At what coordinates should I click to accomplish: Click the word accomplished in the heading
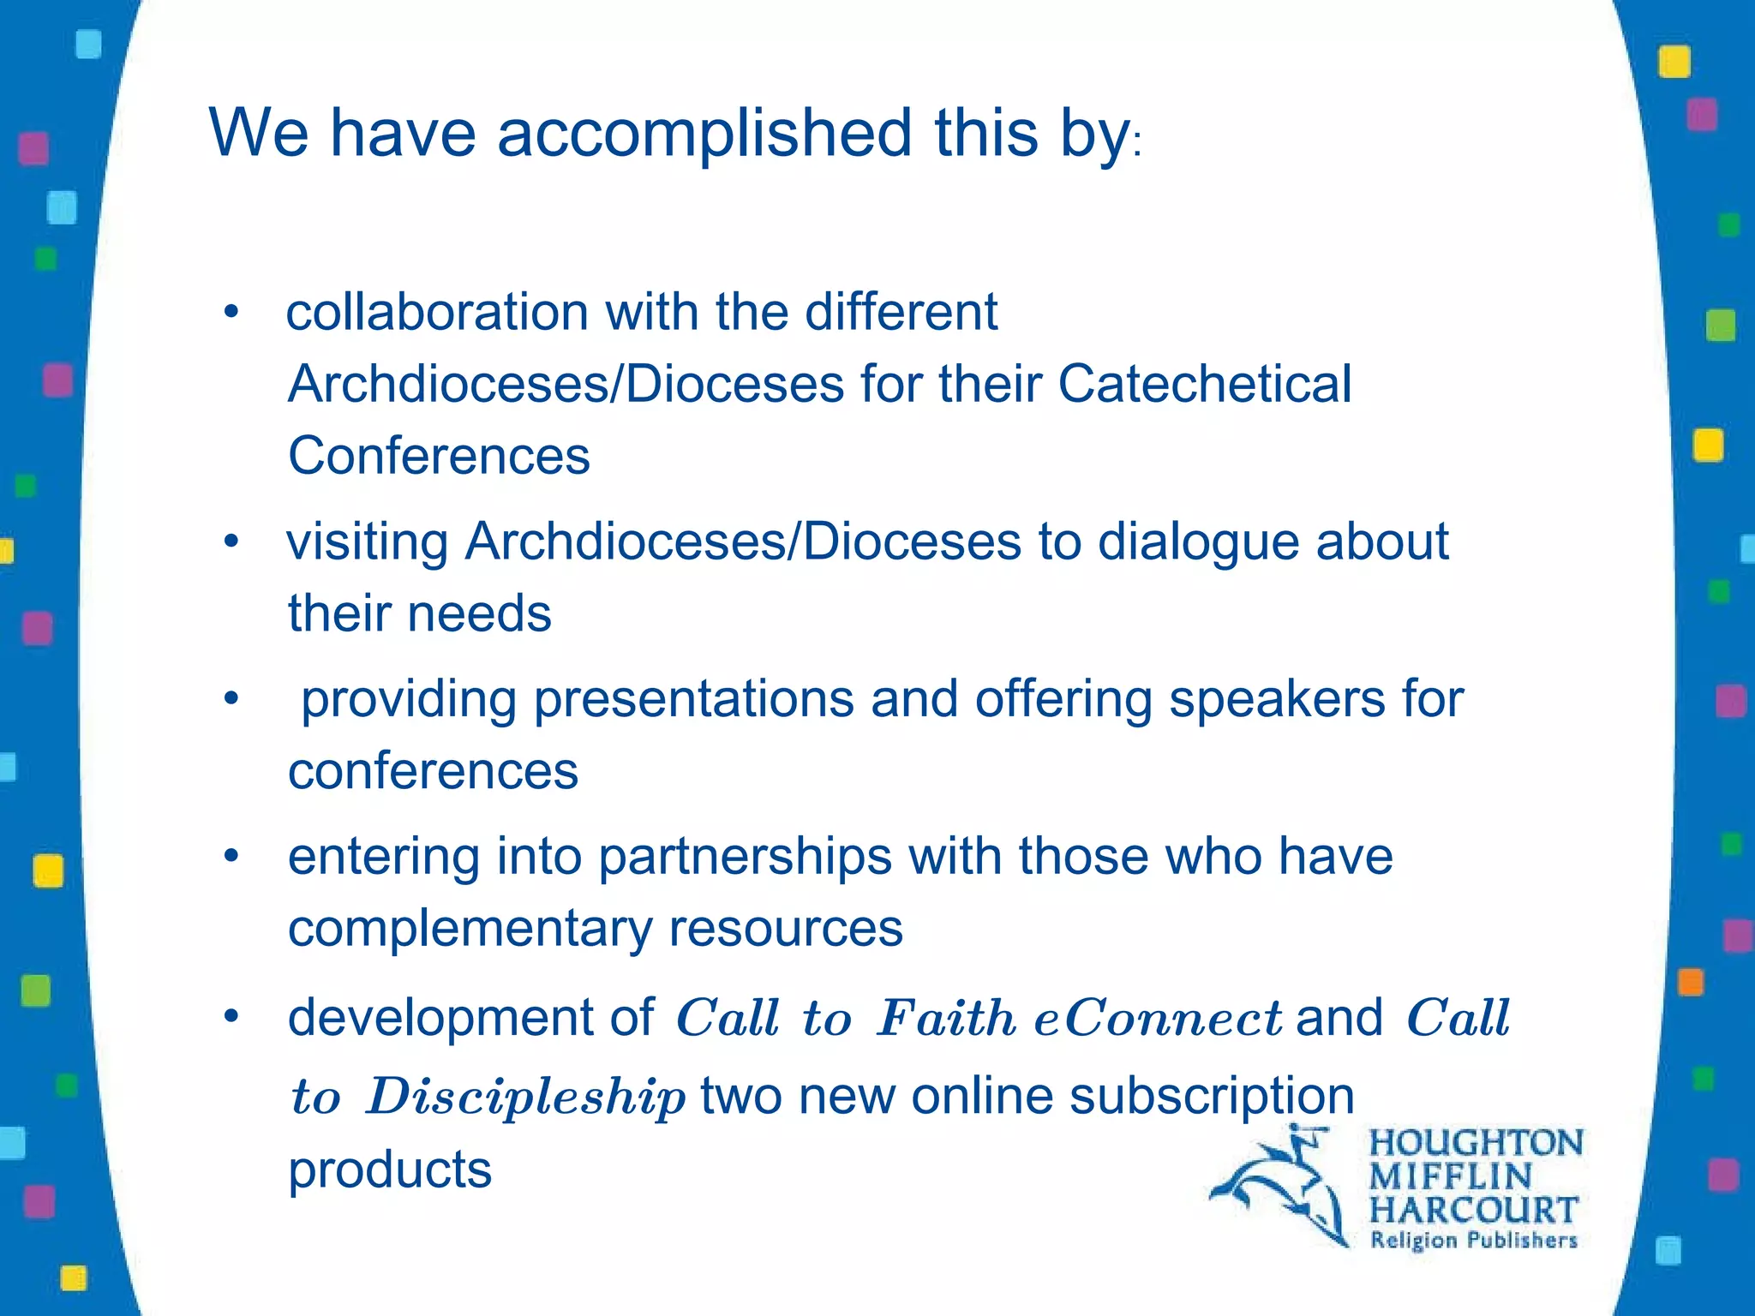pos(704,135)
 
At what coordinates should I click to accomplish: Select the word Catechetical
pos(1204,384)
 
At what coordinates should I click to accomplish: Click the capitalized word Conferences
pos(439,456)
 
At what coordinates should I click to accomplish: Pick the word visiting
pos(368,542)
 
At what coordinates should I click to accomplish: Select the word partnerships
pos(745,858)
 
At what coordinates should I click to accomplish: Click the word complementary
pos(470,929)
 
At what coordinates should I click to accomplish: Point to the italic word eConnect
pos(1159,1020)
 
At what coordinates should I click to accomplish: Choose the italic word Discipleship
pos(526,1098)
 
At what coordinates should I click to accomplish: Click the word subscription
pos(1212,1097)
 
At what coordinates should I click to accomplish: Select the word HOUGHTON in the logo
pos(1476,1144)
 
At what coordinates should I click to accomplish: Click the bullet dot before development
pos(230,1017)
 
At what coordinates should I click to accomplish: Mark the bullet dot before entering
pos(230,856)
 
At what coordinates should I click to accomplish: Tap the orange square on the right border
pos(1690,982)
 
